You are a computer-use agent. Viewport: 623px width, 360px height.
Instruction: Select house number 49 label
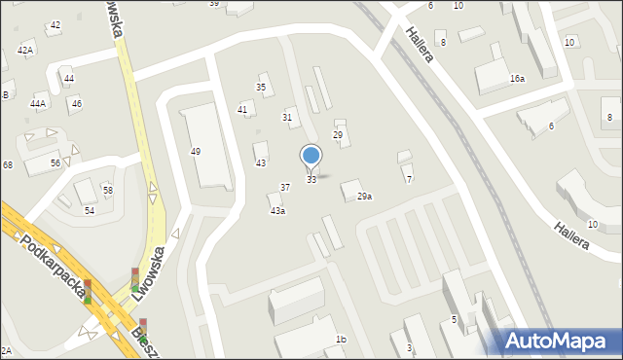(196, 152)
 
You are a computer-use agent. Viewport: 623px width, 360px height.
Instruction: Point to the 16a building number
(517, 78)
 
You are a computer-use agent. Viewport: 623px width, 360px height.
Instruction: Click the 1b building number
(341, 339)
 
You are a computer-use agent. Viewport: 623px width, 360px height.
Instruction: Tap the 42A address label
(25, 50)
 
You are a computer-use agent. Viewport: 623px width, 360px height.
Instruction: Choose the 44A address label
(38, 103)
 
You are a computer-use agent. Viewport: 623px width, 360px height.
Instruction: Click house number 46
(77, 103)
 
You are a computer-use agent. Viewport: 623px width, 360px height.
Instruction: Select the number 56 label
(56, 162)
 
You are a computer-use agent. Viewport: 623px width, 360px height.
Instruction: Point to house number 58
(108, 190)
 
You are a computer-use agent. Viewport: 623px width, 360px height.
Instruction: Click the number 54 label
(90, 210)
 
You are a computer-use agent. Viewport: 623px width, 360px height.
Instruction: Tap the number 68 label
(7, 165)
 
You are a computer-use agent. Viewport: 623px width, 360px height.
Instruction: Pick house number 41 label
(242, 110)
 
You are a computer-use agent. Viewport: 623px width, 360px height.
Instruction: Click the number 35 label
(261, 88)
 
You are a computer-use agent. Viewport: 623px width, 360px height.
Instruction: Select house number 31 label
(287, 117)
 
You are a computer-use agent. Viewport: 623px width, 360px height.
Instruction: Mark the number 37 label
(285, 187)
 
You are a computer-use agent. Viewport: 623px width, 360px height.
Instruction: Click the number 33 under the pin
(311, 180)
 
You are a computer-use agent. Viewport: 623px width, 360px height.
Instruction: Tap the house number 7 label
(409, 180)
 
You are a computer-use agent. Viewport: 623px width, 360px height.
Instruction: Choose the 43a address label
(278, 211)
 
